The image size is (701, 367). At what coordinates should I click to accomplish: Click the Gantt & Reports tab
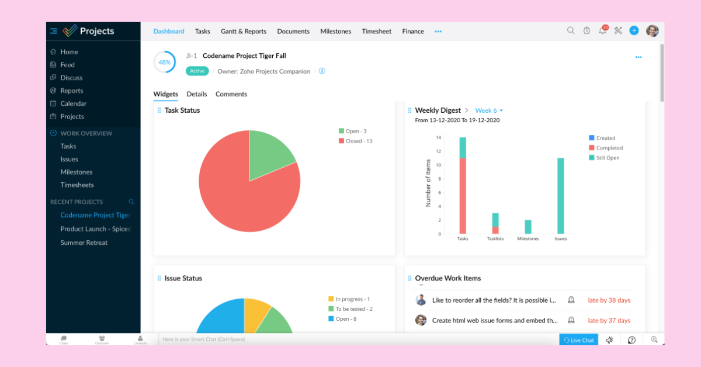point(243,32)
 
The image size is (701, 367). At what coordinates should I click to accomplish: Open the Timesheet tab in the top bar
point(376,32)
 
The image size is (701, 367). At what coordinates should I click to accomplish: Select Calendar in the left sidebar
point(73,103)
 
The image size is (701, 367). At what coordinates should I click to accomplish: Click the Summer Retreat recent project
point(84,243)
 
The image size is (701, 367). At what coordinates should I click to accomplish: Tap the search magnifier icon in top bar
point(571,31)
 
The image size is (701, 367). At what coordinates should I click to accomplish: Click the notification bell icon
point(602,31)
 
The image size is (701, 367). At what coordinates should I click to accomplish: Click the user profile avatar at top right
point(652,31)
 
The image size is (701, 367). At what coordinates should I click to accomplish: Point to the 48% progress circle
point(165,62)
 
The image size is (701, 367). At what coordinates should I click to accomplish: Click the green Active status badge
point(197,71)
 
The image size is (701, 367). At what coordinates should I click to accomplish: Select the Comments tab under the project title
point(231,94)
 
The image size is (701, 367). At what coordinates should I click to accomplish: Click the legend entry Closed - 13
point(355,141)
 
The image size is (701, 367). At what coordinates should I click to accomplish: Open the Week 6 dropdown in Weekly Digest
point(489,110)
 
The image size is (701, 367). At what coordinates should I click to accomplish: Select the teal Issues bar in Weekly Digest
point(561,196)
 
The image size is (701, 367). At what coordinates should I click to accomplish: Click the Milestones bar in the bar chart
point(528,227)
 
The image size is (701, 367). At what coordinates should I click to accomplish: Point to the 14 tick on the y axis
point(438,137)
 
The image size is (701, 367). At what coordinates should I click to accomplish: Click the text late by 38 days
point(609,300)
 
